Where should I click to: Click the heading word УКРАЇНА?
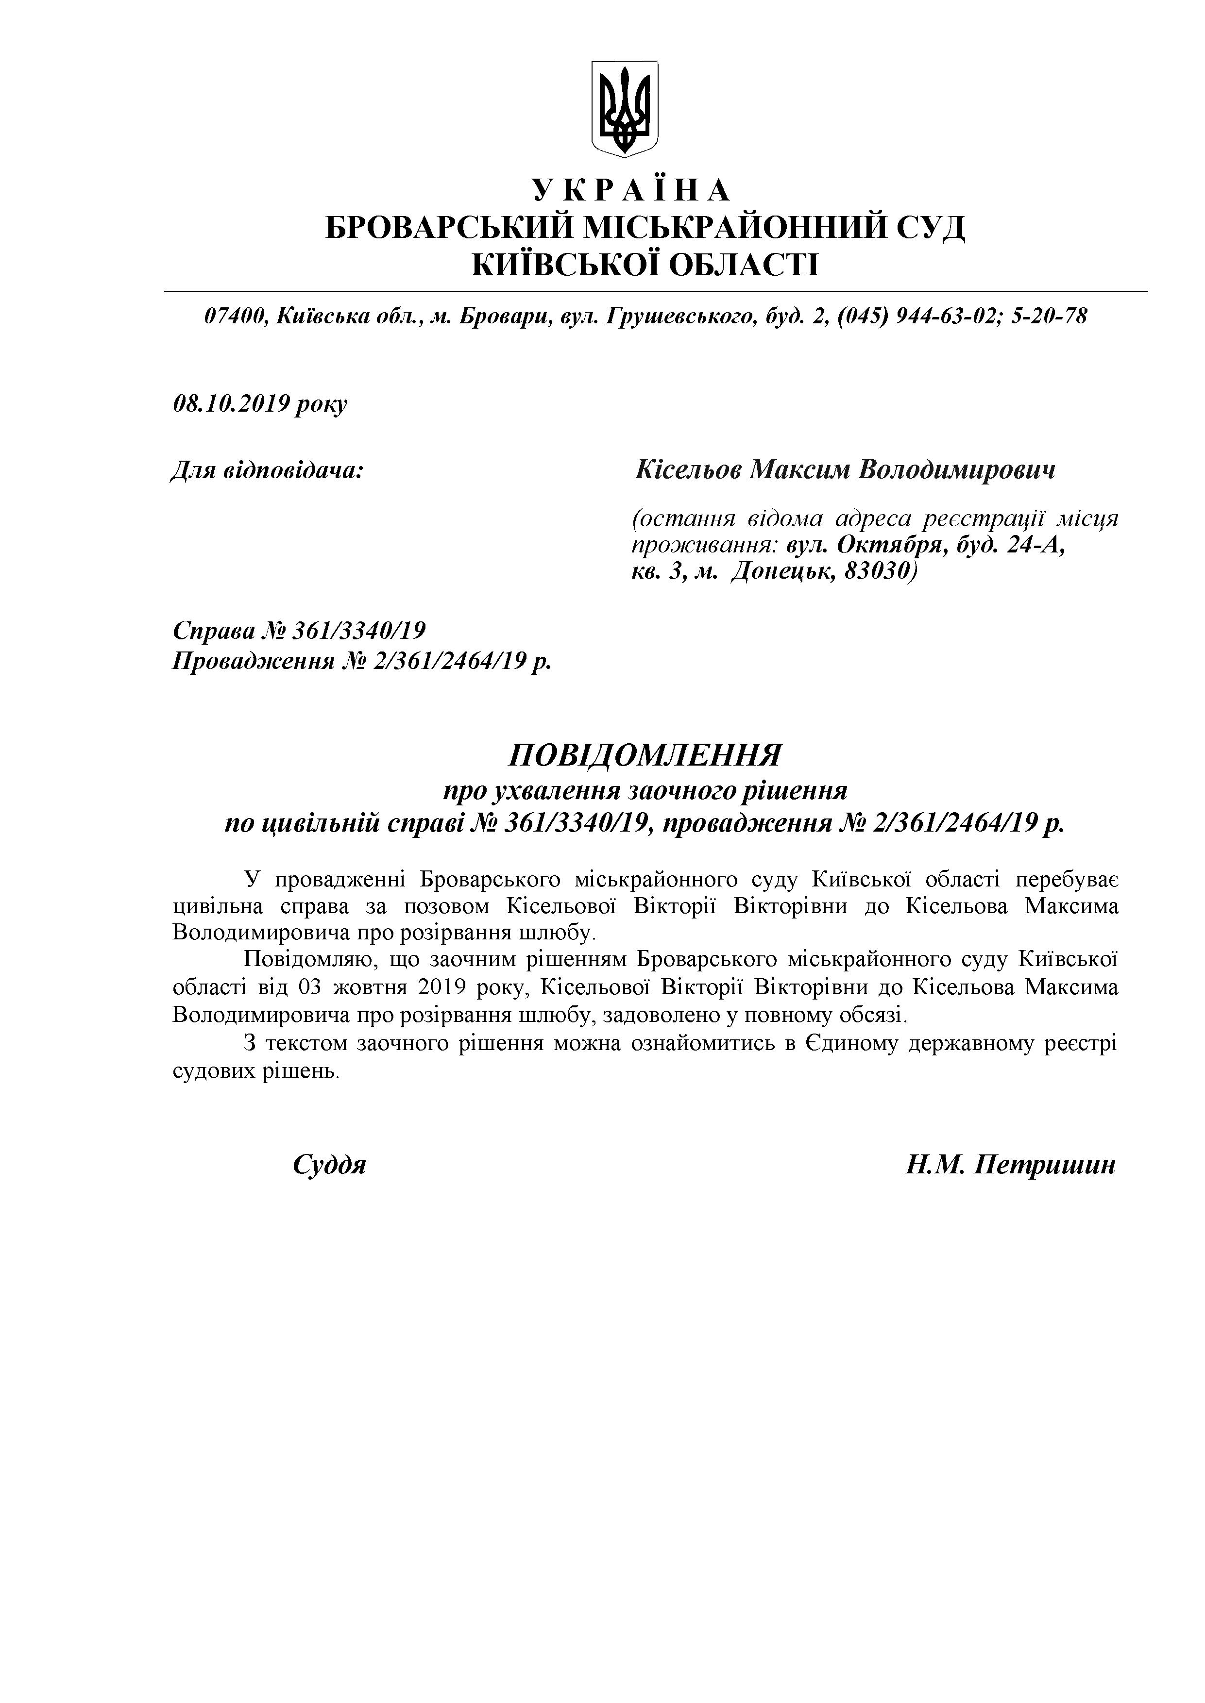click(631, 191)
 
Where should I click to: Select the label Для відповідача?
click(267, 470)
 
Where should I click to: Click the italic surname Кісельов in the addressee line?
click(686, 470)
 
